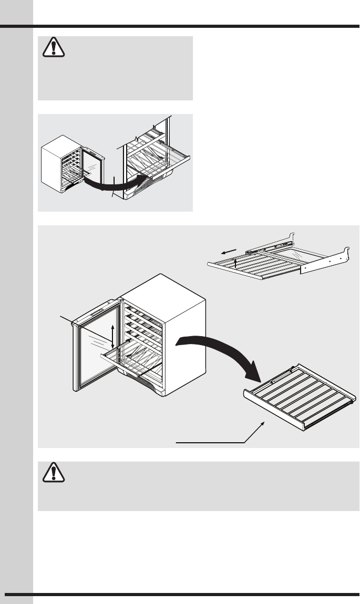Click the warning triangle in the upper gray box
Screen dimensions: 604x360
[53, 49]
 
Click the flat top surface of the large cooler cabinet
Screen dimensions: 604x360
[163, 291]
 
